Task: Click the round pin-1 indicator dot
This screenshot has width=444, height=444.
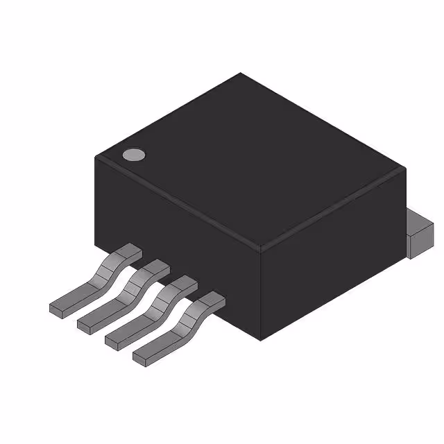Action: pyautogui.click(x=133, y=155)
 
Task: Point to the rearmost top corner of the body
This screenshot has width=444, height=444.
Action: pyautogui.click(x=240, y=74)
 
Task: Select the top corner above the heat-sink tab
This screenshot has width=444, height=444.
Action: pyautogui.click(x=404, y=166)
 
